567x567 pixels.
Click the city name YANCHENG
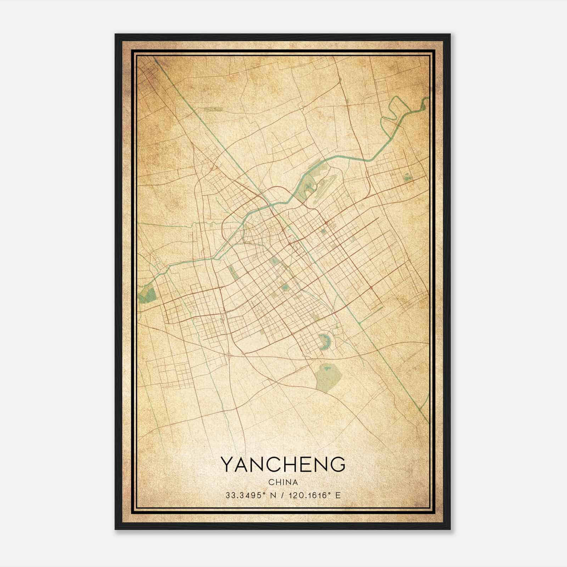tap(283, 464)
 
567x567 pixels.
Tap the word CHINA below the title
tap(283, 482)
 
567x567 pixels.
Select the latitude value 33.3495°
tap(245, 495)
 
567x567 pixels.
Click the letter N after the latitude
tap(272, 495)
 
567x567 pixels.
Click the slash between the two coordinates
tap(282, 495)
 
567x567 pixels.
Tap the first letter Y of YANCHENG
tap(228, 464)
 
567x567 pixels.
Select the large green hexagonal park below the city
tap(329, 378)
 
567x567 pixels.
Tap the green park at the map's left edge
tap(147, 295)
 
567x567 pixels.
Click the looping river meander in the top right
tap(395, 113)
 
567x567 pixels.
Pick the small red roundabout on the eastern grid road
tap(371, 288)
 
